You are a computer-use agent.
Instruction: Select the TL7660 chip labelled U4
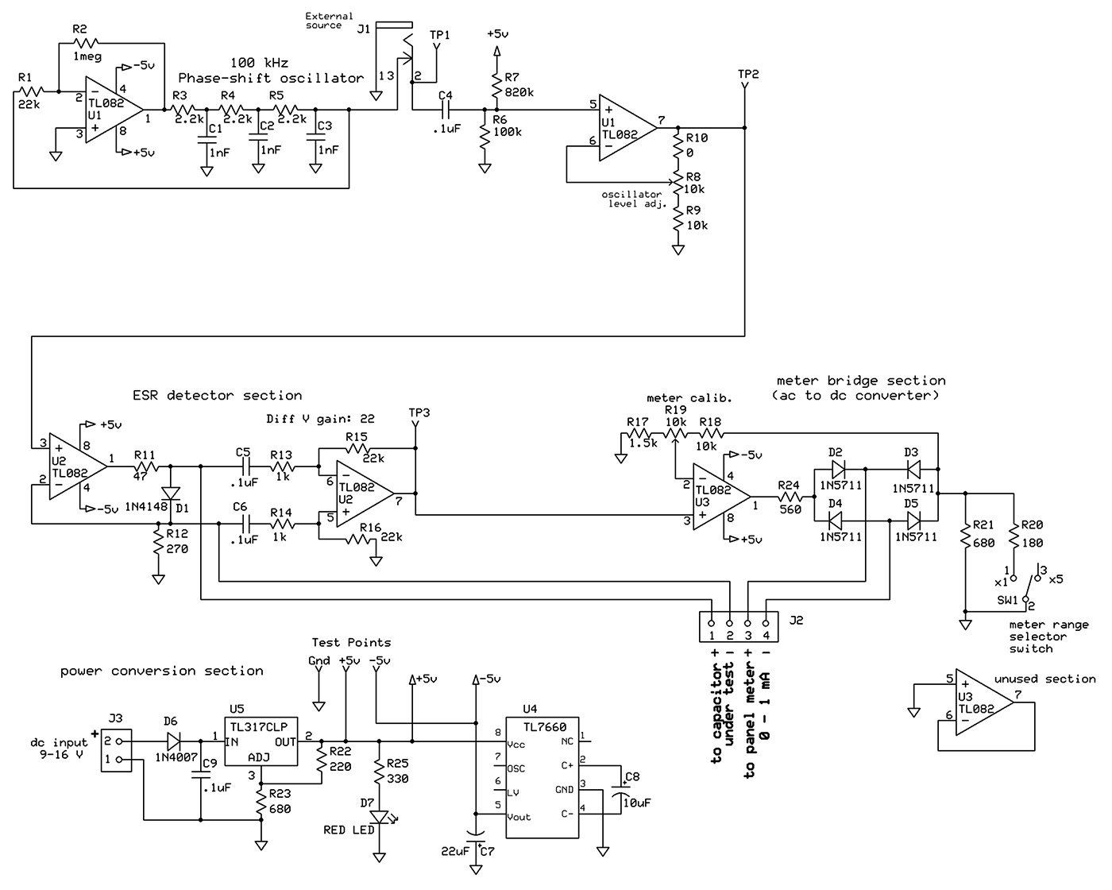click(542, 777)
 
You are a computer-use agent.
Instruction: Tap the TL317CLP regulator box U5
click(261, 741)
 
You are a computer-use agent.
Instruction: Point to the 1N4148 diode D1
click(171, 493)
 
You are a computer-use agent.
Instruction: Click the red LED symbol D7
click(380, 817)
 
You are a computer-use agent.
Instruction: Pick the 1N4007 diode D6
click(174, 741)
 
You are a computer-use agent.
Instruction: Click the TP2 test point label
click(748, 74)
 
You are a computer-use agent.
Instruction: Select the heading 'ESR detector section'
click(217, 396)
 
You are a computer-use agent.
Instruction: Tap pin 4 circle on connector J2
click(766, 623)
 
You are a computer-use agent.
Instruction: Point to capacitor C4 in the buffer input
click(446, 109)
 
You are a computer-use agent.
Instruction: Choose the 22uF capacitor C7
click(476, 833)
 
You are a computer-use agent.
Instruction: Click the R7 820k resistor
click(496, 85)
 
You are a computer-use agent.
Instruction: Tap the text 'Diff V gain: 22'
click(320, 419)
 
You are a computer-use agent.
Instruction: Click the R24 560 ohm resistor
click(790, 497)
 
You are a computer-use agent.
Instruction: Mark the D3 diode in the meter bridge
click(913, 469)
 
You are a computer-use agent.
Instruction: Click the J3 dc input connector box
click(116, 750)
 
